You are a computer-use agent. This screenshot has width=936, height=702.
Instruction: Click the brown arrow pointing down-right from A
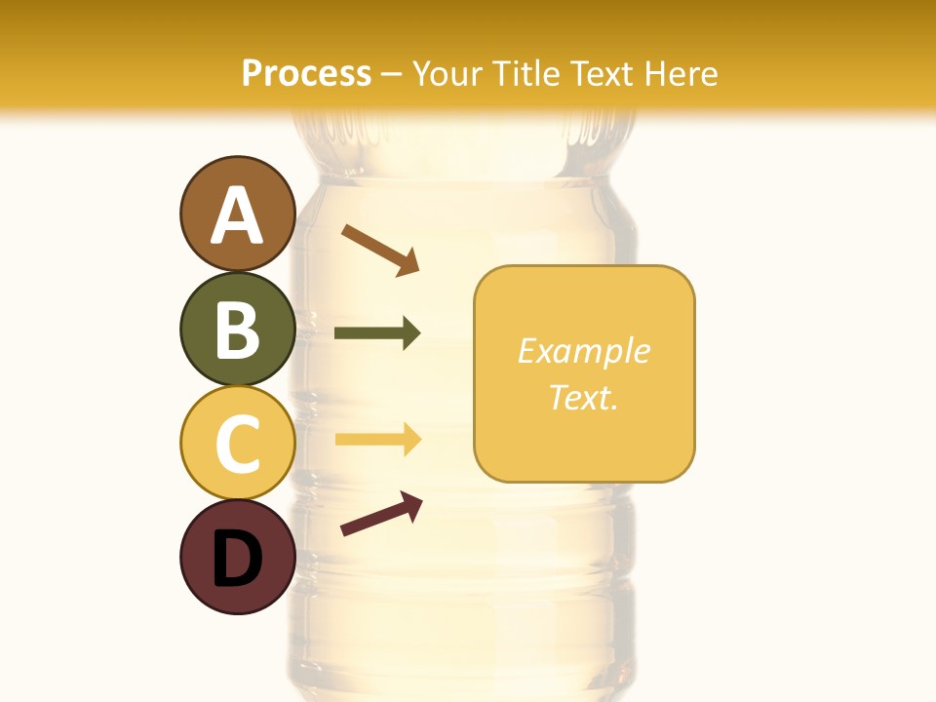(x=380, y=250)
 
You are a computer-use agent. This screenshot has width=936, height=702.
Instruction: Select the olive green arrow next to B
(x=377, y=333)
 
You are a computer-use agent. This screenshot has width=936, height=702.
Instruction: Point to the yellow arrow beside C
(x=377, y=440)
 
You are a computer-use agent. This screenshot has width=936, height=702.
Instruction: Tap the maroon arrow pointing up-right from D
(x=381, y=514)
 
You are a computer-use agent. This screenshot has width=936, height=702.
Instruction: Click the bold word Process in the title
(x=306, y=73)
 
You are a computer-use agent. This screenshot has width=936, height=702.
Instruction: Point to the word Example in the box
(x=583, y=351)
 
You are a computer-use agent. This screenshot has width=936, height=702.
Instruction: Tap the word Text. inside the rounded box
(x=583, y=397)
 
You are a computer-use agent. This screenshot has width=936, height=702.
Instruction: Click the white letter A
(x=237, y=214)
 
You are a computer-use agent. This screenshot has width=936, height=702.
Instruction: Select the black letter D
(x=237, y=559)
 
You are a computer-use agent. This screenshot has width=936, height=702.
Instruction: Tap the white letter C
(x=237, y=445)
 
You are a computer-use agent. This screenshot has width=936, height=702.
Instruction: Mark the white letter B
(x=237, y=330)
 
